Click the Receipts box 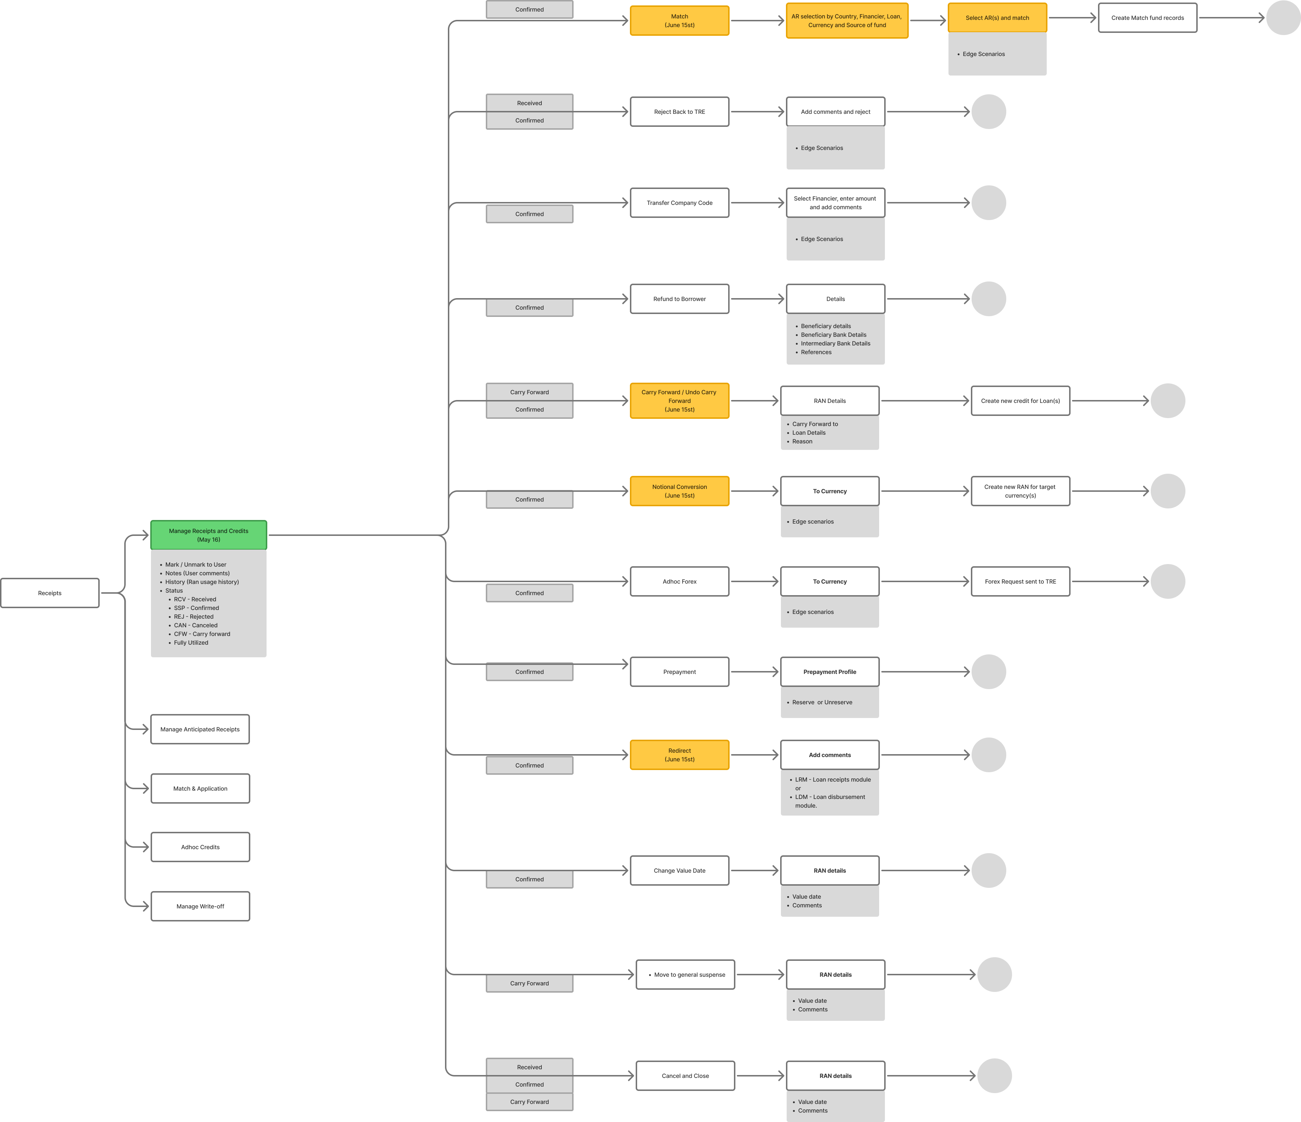(x=49, y=593)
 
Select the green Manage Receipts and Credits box (x=208, y=535)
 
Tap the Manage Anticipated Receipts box (x=200, y=729)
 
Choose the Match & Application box (x=200, y=788)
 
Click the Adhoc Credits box (x=200, y=847)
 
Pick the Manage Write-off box (x=200, y=907)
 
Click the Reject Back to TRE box (x=679, y=112)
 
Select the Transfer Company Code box (x=679, y=203)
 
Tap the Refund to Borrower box (x=679, y=299)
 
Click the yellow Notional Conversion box (x=679, y=491)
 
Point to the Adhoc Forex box (x=679, y=582)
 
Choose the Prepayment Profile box (x=829, y=672)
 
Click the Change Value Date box (x=679, y=871)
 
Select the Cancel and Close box (x=685, y=1076)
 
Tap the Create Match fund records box (x=1147, y=18)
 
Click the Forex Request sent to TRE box (x=1020, y=582)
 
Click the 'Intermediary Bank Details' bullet (x=835, y=344)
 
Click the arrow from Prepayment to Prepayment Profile (x=755, y=672)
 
